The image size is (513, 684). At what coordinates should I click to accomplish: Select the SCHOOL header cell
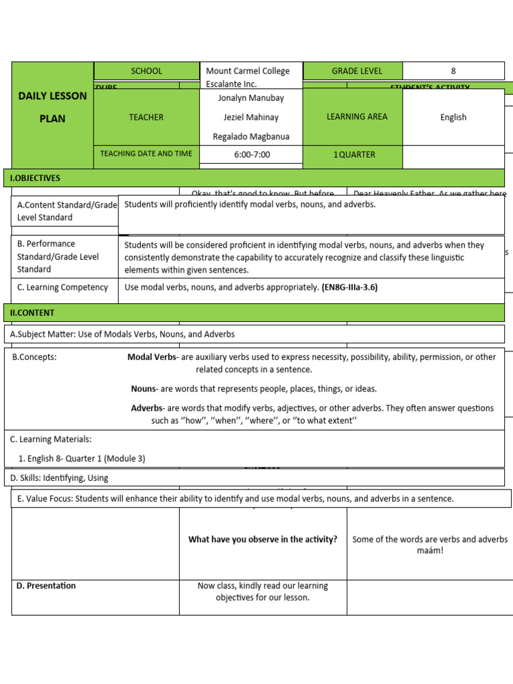pyautogui.click(x=146, y=71)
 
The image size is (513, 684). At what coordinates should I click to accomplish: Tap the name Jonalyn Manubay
pyautogui.click(x=251, y=98)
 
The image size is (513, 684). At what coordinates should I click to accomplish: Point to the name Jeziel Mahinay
pyautogui.click(x=251, y=117)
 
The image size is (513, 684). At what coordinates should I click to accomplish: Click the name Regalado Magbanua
pyautogui.click(x=251, y=136)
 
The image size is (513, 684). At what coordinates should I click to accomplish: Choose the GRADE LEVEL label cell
pyautogui.click(x=353, y=71)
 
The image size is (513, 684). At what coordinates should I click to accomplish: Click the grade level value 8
pyautogui.click(x=454, y=71)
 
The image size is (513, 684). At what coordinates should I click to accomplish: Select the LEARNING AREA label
pyautogui.click(x=353, y=117)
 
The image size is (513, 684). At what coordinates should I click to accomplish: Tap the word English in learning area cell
pyautogui.click(x=454, y=117)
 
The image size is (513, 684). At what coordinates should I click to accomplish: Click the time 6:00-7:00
pyautogui.click(x=251, y=154)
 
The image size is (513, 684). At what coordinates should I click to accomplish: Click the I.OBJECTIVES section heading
pyautogui.click(x=35, y=178)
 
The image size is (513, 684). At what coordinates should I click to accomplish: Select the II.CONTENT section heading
pyautogui.click(x=32, y=313)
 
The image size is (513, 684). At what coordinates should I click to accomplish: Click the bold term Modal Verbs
pyautogui.click(x=152, y=357)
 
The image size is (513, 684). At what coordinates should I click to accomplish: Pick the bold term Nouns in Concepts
pyautogui.click(x=144, y=389)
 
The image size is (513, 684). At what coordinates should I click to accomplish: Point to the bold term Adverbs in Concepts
pyautogui.click(x=147, y=408)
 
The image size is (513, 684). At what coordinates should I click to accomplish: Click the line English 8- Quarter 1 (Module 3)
pyautogui.click(x=81, y=458)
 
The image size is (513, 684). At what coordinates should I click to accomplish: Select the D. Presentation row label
pyautogui.click(x=46, y=586)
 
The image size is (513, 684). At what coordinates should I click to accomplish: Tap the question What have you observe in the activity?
pyautogui.click(x=263, y=540)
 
